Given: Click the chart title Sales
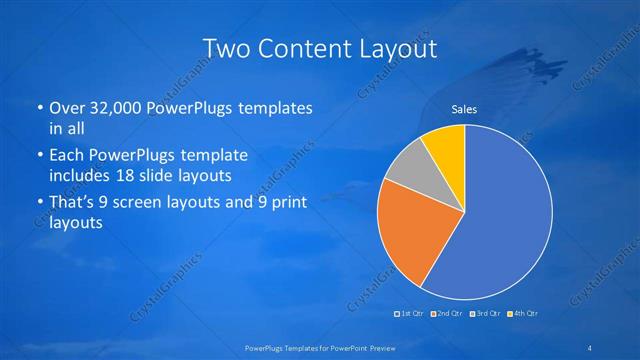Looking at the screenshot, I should [465, 109].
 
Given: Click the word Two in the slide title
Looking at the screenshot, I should [226, 47].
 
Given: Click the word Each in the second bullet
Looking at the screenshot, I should [66, 155].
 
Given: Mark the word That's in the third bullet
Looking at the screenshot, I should [73, 205].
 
